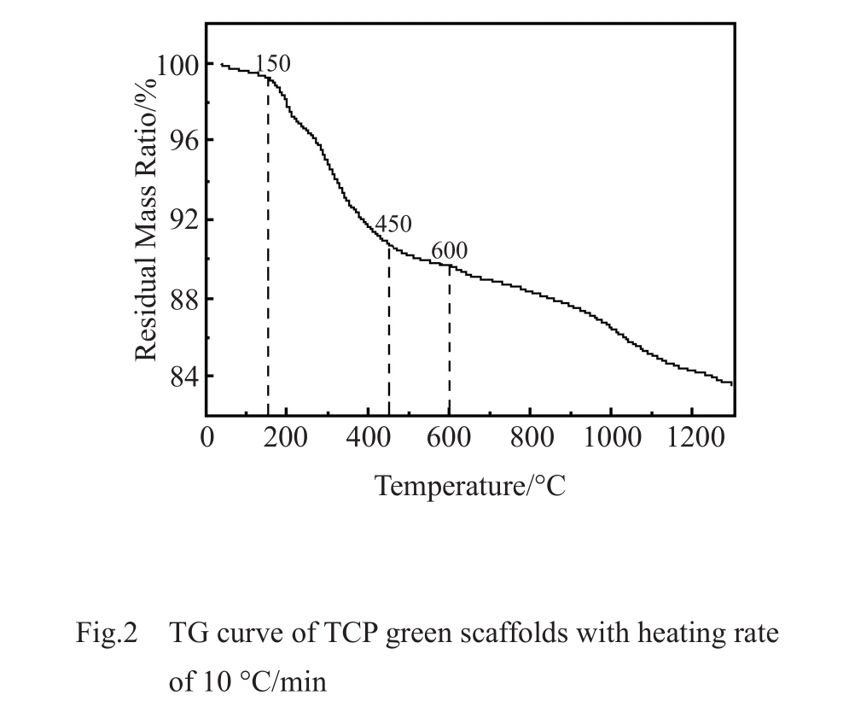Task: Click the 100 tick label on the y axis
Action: (177, 65)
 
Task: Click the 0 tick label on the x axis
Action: (207, 438)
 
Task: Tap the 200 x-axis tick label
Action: (286, 438)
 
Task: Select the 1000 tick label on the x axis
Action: (611, 438)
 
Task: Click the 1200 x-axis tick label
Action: (692, 438)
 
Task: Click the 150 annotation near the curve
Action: (272, 64)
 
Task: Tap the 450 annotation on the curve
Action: (393, 225)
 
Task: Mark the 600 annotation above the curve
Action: (449, 251)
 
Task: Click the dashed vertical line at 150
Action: (268, 256)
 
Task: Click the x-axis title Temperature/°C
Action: (470, 486)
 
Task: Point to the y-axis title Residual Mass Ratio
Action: (146, 218)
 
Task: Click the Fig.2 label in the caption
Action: (107, 634)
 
